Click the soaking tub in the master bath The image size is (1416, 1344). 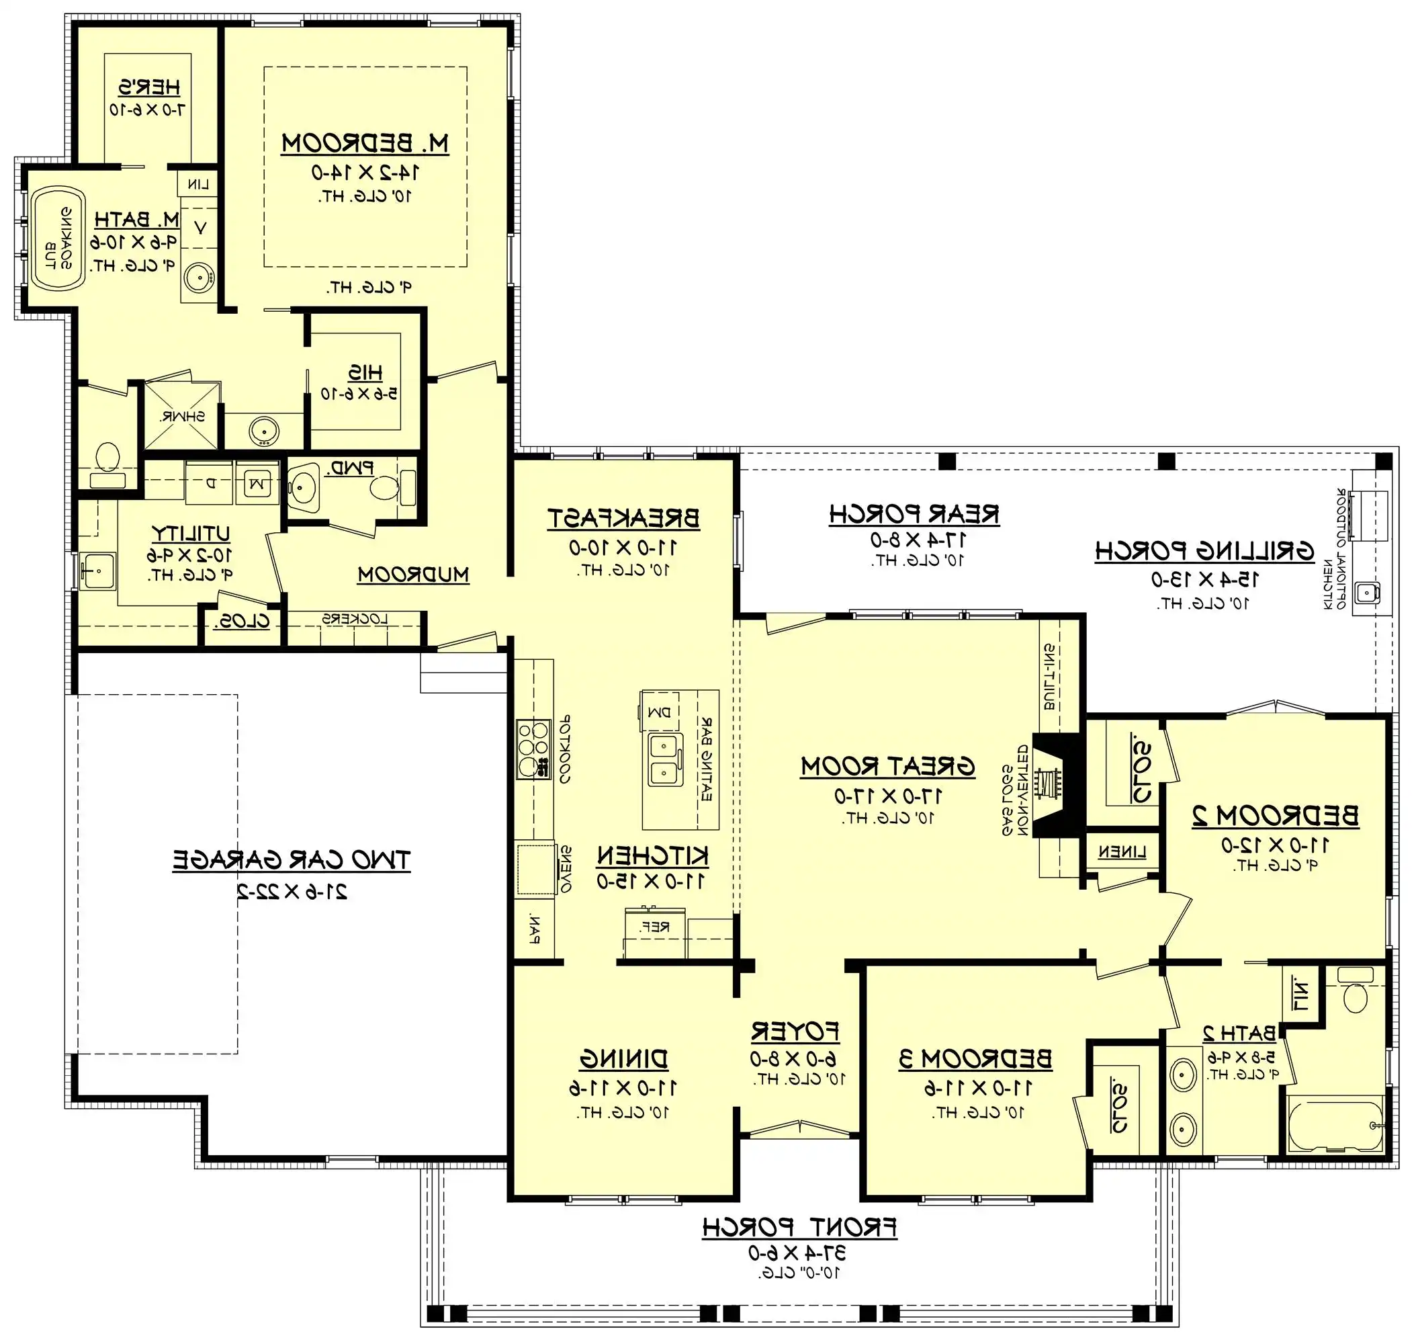[x=57, y=239]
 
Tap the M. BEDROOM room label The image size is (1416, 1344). [x=365, y=143]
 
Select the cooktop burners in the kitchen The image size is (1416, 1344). [x=533, y=749]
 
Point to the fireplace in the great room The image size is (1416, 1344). [x=1053, y=784]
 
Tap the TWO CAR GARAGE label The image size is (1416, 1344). [x=291, y=859]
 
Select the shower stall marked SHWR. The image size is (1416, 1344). [x=182, y=415]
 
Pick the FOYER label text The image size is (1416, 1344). [x=795, y=1032]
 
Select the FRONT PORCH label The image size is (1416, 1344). [x=799, y=1227]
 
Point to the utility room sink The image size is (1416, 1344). [x=96, y=571]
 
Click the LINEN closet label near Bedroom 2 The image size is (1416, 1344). [x=1122, y=852]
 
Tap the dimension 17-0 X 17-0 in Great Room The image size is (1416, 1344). [x=888, y=795]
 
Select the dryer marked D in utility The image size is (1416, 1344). [x=209, y=484]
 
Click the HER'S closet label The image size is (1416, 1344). [x=149, y=87]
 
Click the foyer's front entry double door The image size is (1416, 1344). [x=799, y=1130]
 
